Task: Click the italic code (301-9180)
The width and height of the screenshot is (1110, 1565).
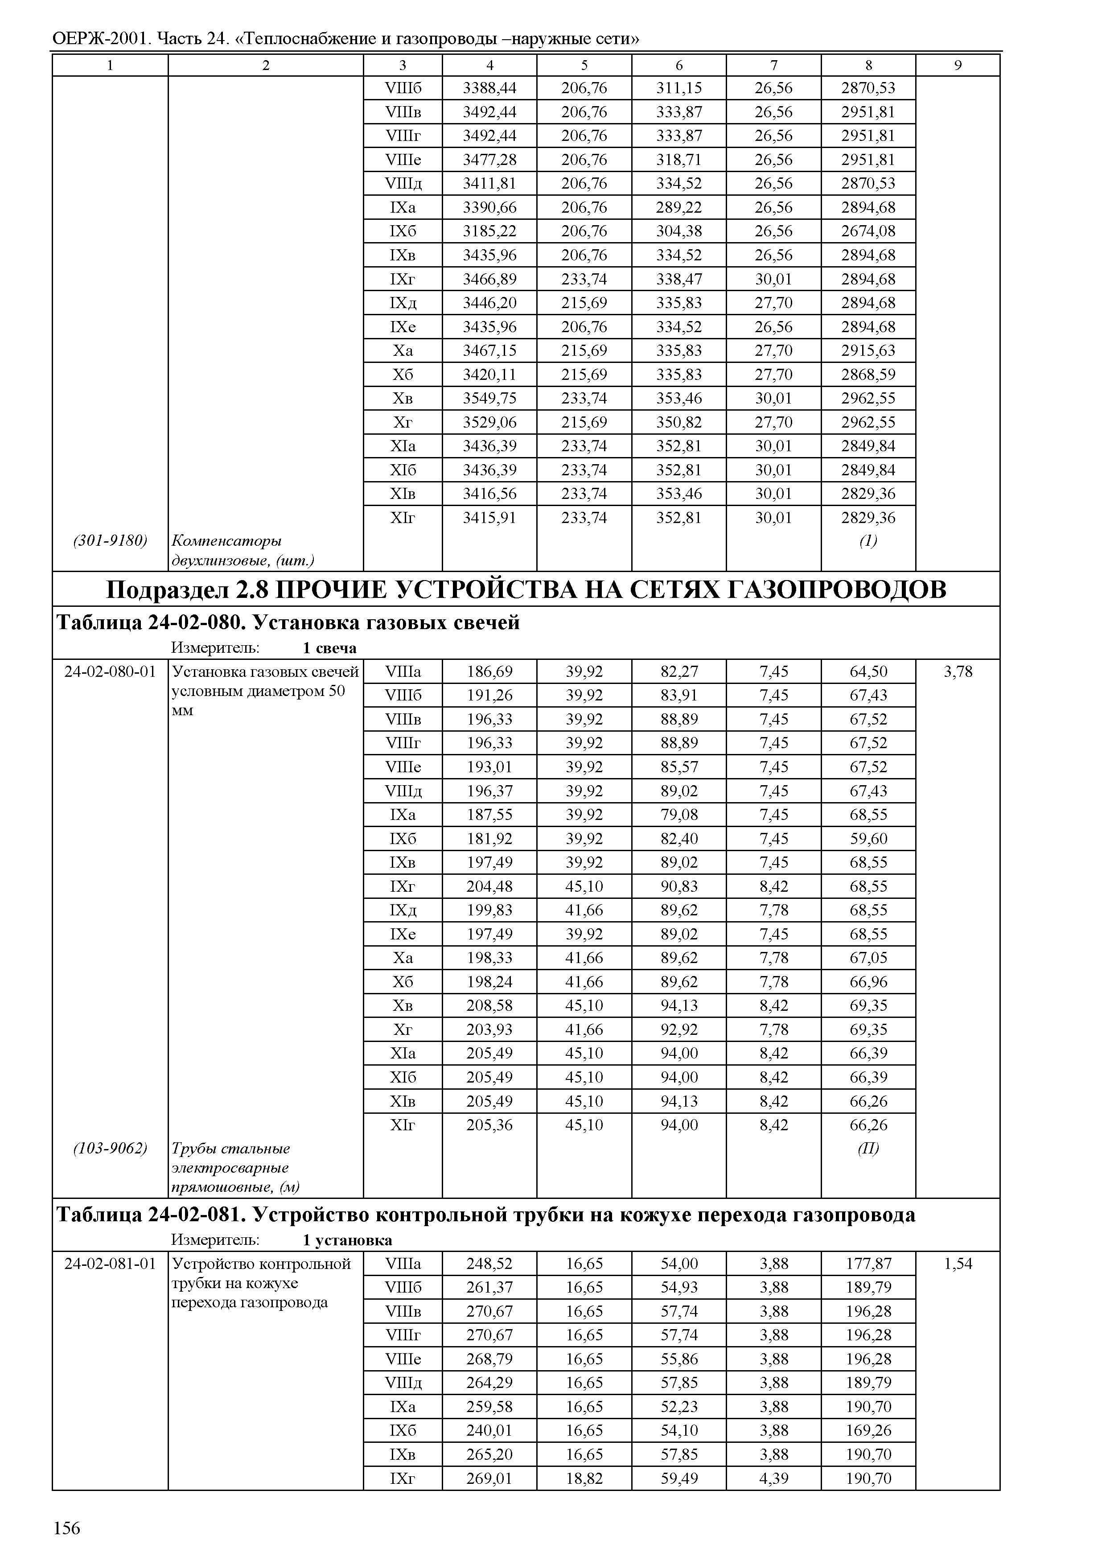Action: click(x=110, y=541)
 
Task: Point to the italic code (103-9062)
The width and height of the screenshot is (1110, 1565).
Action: click(x=110, y=1148)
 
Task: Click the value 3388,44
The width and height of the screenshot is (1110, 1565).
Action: click(x=489, y=88)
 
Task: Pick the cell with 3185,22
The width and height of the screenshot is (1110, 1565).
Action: click(x=489, y=231)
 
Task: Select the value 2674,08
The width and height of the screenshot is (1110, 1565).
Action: click(x=868, y=231)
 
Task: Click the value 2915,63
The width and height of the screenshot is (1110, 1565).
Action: click(x=868, y=351)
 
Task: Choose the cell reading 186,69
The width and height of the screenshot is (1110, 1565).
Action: click(x=489, y=671)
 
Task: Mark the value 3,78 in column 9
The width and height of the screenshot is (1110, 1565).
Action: click(x=958, y=671)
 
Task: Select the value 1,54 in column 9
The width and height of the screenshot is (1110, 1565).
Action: click(x=958, y=1264)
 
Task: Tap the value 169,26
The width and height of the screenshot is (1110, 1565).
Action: click(x=868, y=1430)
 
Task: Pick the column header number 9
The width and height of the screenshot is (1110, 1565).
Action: click(x=958, y=66)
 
